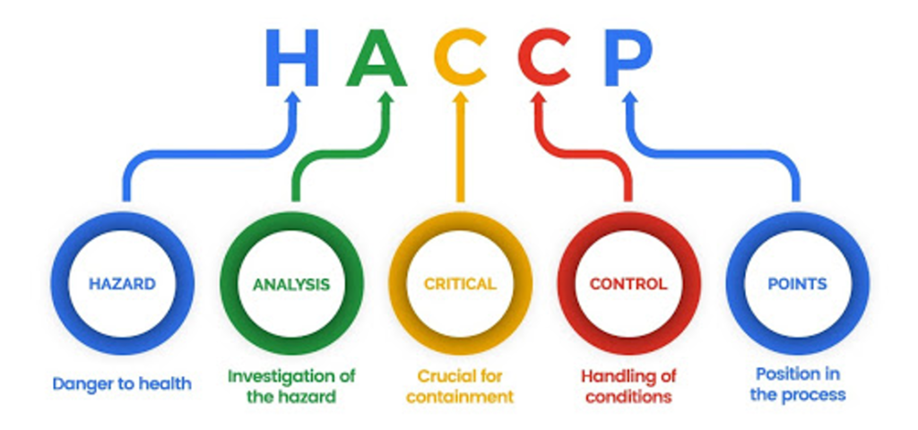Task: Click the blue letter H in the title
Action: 293,56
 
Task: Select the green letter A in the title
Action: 377,56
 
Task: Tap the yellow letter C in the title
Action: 460,56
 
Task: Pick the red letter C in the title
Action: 544,56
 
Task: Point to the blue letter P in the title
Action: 628,56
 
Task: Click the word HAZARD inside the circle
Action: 122,284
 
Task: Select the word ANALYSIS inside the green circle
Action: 291,284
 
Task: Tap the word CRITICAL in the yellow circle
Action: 460,284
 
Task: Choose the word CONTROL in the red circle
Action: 628,284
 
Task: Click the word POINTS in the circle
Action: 797,284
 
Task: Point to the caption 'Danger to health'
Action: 122,384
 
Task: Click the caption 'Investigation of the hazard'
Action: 291,386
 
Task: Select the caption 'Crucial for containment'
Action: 460,386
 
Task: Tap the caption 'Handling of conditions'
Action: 628,386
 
